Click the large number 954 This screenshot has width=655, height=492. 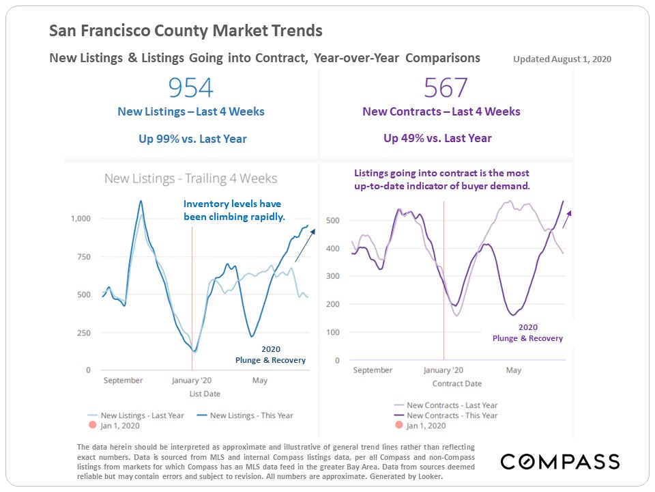click(x=191, y=88)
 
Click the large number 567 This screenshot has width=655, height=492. click(x=446, y=88)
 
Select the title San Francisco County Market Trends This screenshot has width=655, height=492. click(x=186, y=31)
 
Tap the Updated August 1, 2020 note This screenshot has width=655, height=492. click(x=562, y=59)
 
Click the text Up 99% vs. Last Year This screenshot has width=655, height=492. click(x=192, y=139)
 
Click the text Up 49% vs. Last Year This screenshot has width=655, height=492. click(x=437, y=138)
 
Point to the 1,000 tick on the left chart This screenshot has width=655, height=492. click(x=81, y=219)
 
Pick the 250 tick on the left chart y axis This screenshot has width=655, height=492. click(x=83, y=333)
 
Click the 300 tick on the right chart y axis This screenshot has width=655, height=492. click(x=332, y=277)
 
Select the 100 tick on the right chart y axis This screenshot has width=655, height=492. click(x=332, y=333)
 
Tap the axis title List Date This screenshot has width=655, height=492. click(x=205, y=394)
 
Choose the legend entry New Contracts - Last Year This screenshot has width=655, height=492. click(x=452, y=405)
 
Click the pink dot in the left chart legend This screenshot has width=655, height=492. click(x=93, y=426)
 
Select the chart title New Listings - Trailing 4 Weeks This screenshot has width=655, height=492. click(x=190, y=179)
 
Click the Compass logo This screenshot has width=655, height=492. click(x=560, y=461)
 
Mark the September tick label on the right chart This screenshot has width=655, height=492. click(x=373, y=370)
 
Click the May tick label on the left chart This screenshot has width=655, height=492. click(x=260, y=381)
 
